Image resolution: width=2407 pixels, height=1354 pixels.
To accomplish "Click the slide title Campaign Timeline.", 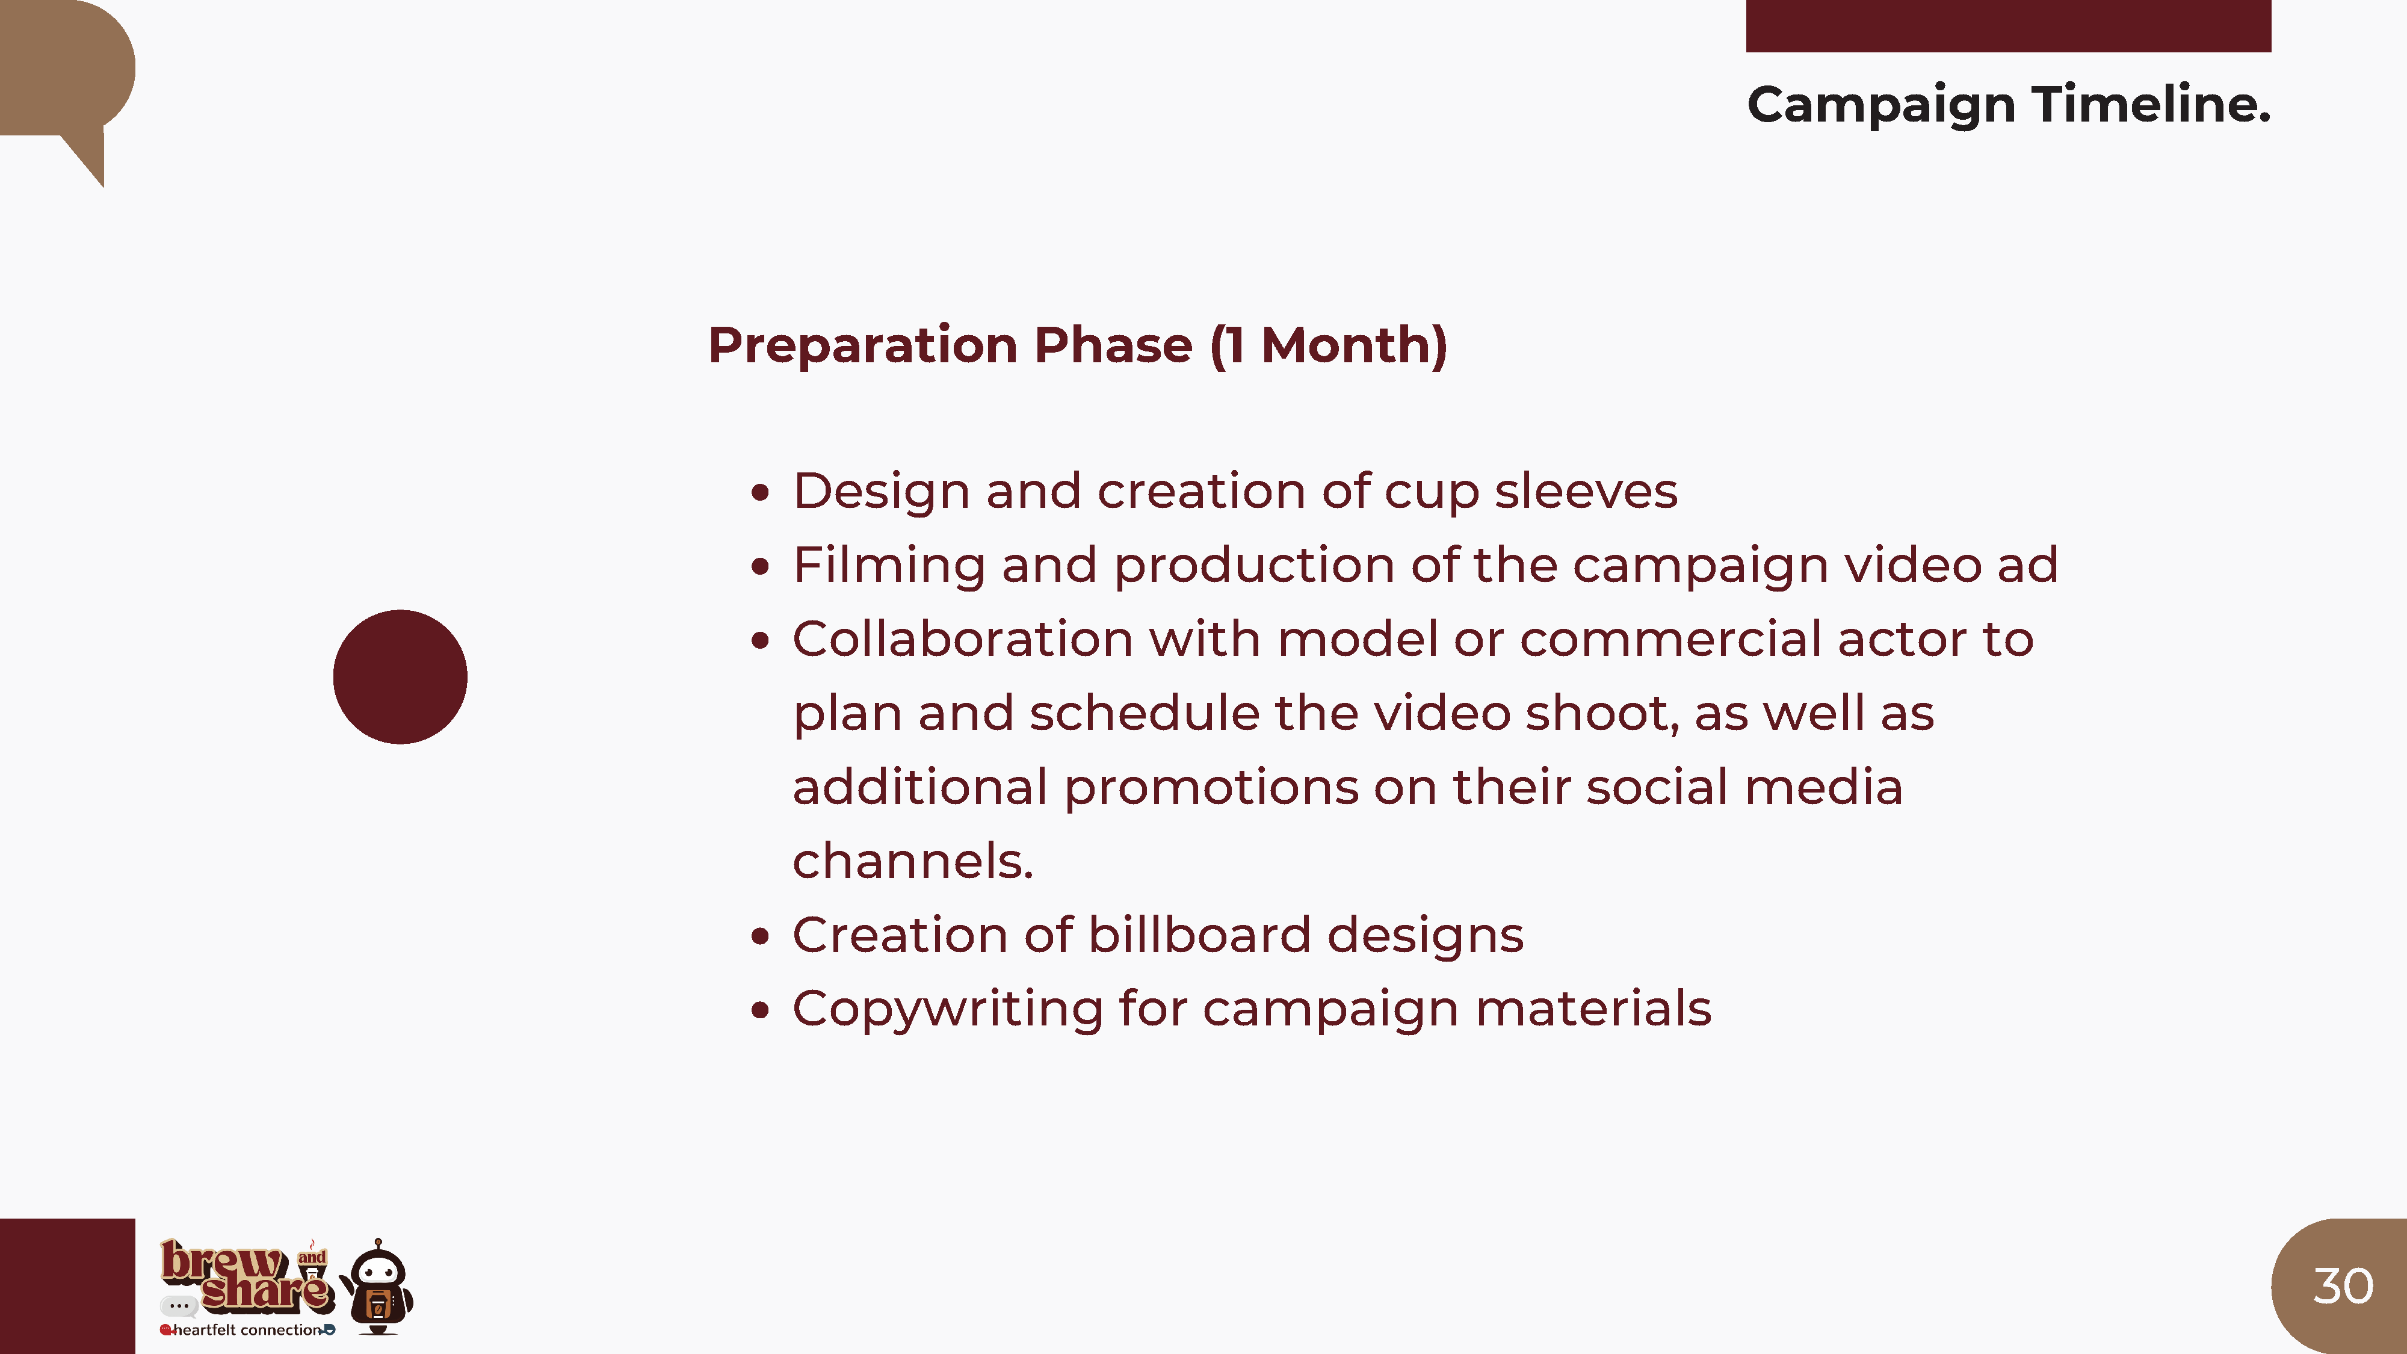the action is click(2009, 105).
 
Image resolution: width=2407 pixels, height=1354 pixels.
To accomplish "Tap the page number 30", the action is click(2343, 1286).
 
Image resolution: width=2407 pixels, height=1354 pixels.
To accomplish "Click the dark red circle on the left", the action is click(400, 676).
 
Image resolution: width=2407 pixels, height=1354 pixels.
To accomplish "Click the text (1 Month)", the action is click(1329, 346).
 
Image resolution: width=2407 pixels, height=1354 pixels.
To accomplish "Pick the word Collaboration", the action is click(962, 639).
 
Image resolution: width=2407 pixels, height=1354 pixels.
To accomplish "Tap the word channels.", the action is click(913, 861).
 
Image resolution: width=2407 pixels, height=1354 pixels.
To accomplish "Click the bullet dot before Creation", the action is click(761, 936).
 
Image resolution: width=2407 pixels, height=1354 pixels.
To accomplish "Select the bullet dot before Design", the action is click(761, 492).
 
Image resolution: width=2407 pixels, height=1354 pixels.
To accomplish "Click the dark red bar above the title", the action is click(2009, 25).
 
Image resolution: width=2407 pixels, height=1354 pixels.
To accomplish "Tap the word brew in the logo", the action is click(223, 1261).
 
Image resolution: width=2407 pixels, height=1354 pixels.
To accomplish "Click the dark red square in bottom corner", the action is click(67, 1286).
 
